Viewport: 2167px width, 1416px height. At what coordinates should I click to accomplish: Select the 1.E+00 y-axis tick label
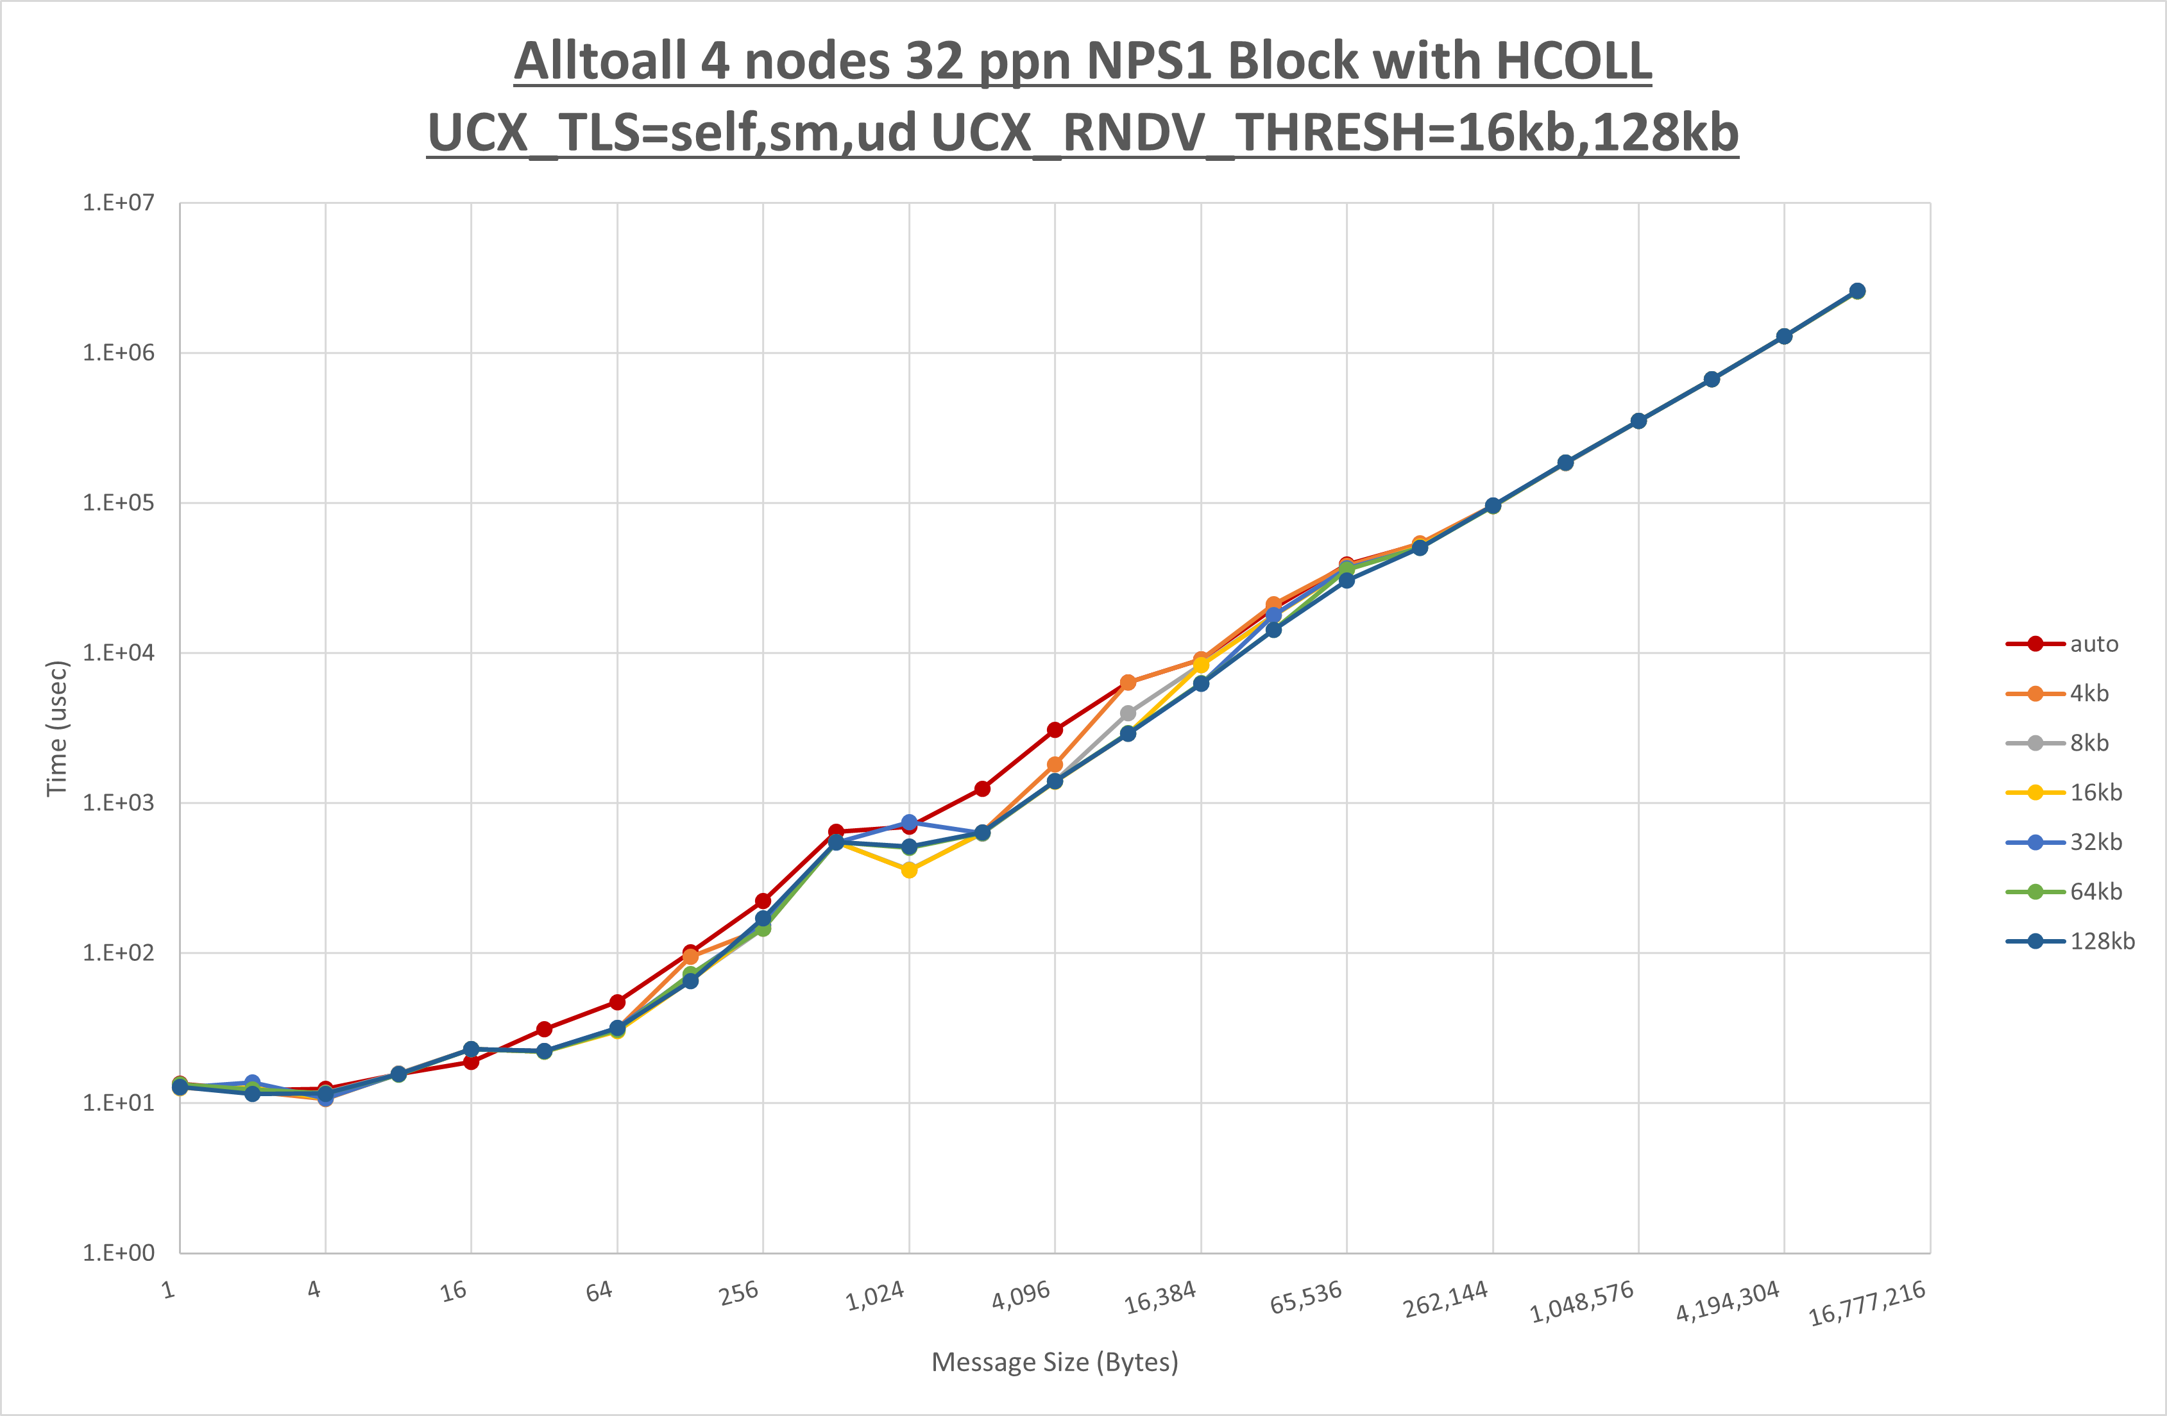[x=119, y=1253]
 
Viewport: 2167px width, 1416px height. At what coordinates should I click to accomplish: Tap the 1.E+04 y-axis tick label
[x=119, y=653]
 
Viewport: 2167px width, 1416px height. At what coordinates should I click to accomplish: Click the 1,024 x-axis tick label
[x=875, y=1296]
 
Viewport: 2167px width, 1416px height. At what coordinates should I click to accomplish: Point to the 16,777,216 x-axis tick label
[x=1867, y=1303]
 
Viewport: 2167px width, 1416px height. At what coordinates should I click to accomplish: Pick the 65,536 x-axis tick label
[x=1305, y=1297]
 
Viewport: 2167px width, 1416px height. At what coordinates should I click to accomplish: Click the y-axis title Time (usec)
[x=56, y=728]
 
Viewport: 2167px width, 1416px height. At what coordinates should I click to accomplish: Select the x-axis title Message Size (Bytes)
[x=1055, y=1362]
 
